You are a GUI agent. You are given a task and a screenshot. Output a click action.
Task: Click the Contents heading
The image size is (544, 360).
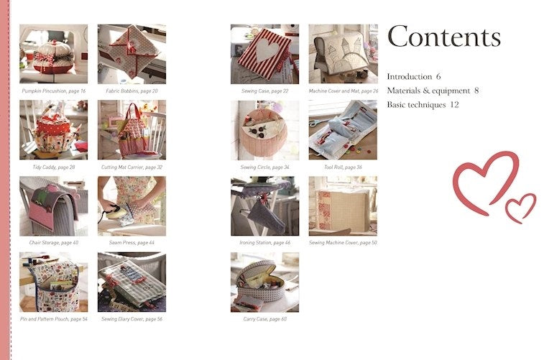[x=443, y=37]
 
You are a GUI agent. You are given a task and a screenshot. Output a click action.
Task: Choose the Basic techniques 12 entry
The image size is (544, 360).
[x=423, y=105]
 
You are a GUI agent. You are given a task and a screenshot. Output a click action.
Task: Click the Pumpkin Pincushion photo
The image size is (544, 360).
[x=53, y=54]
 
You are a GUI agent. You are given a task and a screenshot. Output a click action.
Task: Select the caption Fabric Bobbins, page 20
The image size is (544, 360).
[x=132, y=91]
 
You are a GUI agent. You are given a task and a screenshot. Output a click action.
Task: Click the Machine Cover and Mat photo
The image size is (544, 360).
[x=343, y=54]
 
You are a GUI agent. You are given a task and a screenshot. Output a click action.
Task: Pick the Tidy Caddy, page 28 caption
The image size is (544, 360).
[x=53, y=167]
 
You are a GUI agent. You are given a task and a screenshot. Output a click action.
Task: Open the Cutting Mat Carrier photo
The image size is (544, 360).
[x=132, y=129]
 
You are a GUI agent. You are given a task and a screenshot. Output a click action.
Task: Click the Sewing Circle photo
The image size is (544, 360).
[x=264, y=129]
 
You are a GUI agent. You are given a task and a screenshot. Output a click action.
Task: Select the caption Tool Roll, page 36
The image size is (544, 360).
[x=343, y=167]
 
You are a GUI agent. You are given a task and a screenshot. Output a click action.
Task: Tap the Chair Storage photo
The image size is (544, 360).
[x=53, y=206]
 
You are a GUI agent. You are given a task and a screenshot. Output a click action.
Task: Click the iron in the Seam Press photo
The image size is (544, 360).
[x=110, y=211]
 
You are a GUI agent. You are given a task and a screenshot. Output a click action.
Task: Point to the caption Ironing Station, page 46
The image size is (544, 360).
[x=264, y=243]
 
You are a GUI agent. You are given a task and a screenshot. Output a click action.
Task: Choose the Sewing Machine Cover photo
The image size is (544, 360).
[x=343, y=206]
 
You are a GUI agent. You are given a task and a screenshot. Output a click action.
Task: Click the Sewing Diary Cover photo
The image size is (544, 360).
[x=132, y=282]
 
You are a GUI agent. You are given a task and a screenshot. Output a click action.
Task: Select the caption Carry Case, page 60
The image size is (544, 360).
[x=264, y=318]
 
